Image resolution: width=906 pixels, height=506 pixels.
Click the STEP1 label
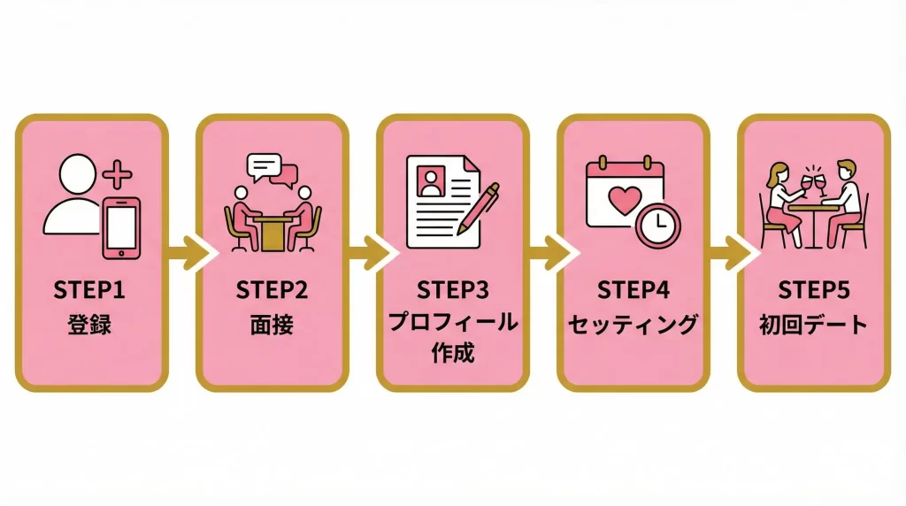pos(90,291)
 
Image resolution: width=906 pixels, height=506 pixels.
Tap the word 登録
pos(90,323)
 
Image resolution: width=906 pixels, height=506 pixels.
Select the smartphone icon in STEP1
pos(122,227)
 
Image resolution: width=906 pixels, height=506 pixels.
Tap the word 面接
pos(271,323)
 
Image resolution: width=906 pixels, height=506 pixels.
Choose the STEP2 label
pos(271,291)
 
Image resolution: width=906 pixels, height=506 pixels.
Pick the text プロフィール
pos(453,323)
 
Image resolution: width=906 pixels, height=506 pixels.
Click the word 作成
pos(453,354)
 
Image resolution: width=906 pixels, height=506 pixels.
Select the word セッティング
pos(633,323)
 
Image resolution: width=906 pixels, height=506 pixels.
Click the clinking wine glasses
pos(813,181)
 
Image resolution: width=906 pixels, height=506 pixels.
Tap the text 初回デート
pos(813,323)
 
